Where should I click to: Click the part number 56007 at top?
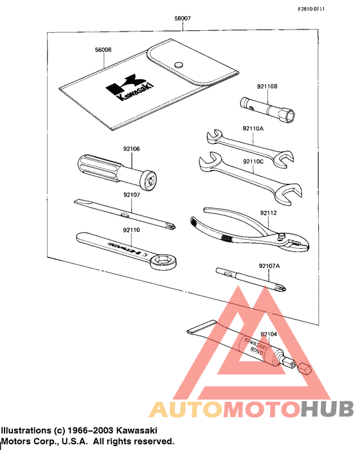point(183,19)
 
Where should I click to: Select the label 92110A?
point(253,129)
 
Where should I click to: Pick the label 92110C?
point(253,161)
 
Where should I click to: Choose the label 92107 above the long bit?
point(132,194)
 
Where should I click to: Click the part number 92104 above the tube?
point(270,316)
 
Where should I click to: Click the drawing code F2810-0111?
point(329,8)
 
